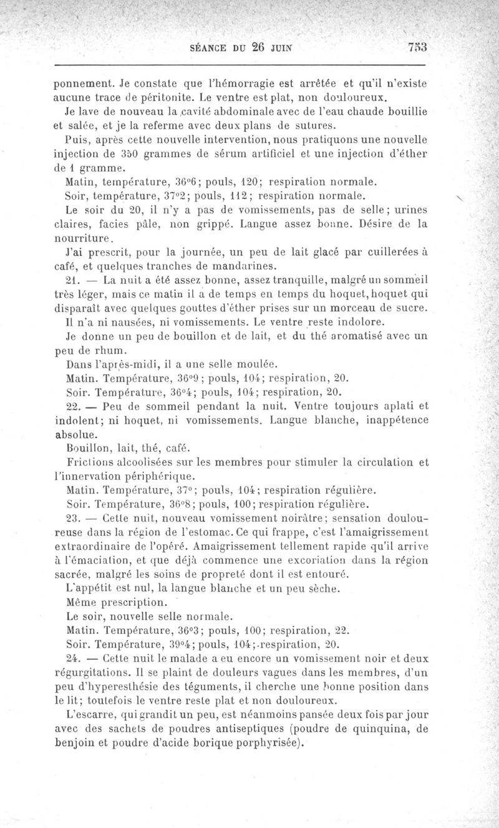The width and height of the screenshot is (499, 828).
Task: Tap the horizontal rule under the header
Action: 240,64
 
